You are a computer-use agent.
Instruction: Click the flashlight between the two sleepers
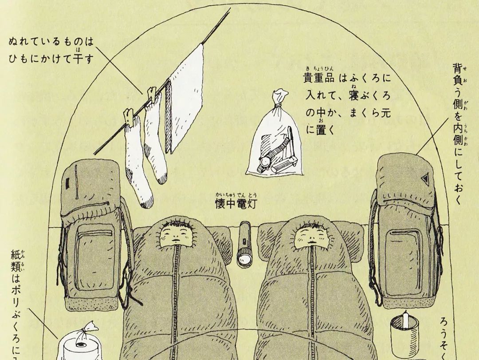coord(244,245)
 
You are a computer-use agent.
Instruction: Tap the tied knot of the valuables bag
coord(278,103)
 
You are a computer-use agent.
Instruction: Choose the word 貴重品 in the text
coord(318,78)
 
